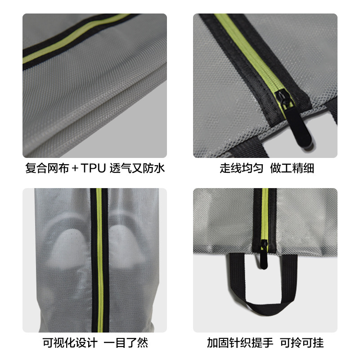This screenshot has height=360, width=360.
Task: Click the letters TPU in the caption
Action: (x=93, y=168)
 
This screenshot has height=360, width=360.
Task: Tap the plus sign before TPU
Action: (x=75, y=168)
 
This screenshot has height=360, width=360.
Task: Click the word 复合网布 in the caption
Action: (x=47, y=168)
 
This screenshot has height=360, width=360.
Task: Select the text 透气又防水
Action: (x=137, y=168)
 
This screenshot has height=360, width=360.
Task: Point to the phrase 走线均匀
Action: (x=241, y=168)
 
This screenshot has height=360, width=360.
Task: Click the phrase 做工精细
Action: (x=292, y=168)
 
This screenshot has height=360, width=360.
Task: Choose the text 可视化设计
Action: (x=70, y=343)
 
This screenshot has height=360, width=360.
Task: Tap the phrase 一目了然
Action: (x=126, y=343)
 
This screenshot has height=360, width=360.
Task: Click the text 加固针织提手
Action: (x=240, y=343)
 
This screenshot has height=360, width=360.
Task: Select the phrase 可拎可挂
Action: (x=302, y=343)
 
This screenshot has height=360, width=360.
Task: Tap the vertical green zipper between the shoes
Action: (x=99, y=260)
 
